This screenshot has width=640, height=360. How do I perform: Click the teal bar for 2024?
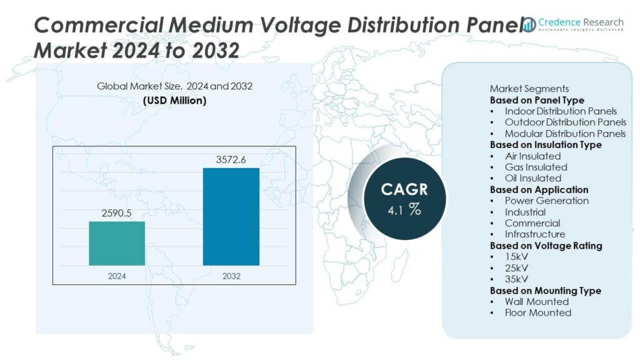click(117, 243)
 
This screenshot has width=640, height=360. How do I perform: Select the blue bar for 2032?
click(231, 216)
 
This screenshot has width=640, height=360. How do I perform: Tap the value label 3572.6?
click(231, 160)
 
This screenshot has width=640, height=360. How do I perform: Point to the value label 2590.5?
click(117, 213)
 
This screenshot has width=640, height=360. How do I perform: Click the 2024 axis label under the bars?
click(117, 276)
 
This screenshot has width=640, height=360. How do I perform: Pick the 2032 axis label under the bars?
click(231, 276)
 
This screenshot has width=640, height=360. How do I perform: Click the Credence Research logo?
click(574, 24)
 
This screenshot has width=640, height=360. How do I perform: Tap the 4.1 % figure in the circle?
click(405, 210)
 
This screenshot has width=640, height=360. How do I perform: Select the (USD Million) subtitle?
click(174, 100)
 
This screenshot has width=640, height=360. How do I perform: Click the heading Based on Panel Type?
click(537, 100)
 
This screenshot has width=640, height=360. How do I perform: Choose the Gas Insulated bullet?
click(536, 167)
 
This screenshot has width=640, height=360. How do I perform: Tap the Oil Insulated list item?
click(533, 178)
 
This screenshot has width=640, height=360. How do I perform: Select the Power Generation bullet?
click(547, 201)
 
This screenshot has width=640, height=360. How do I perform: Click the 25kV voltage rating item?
click(517, 268)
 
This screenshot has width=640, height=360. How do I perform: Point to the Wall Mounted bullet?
click(537, 302)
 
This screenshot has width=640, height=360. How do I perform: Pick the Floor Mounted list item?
click(537, 312)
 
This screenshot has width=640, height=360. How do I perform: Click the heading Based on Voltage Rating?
click(546, 246)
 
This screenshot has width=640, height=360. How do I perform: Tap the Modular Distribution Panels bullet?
click(565, 134)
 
